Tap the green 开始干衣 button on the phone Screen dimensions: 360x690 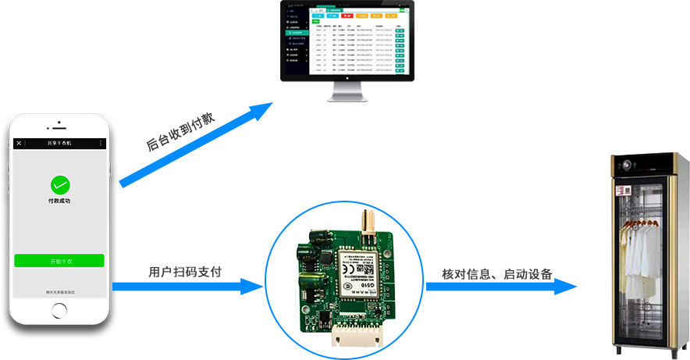(x=59, y=261)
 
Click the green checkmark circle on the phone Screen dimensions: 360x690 (x=60, y=185)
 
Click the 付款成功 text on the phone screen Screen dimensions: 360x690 (x=59, y=201)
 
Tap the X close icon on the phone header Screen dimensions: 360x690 (x=20, y=143)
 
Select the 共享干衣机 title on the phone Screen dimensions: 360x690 (x=59, y=143)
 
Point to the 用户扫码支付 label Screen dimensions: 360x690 (x=185, y=273)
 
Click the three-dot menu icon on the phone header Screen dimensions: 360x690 (x=101, y=143)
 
